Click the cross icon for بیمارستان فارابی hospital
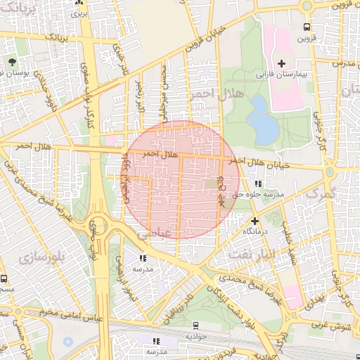(x=281, y=63)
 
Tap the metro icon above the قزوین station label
(x=306, y=27)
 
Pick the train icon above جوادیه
(x=195, y=326)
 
